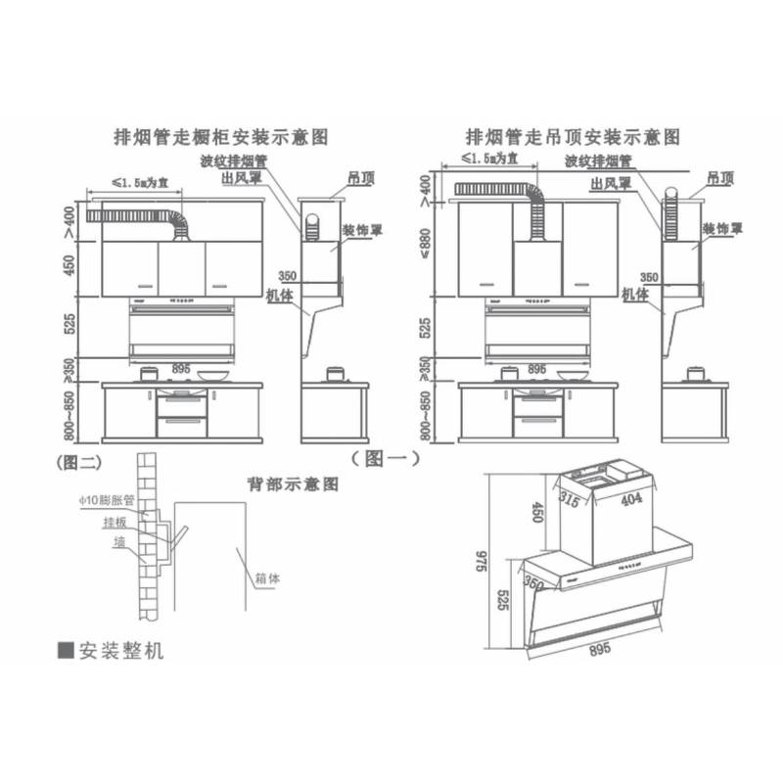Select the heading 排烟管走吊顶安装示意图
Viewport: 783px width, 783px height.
[x=573, y=137]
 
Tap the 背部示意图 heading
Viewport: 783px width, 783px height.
[x=293, y=484]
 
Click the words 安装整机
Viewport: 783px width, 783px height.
[x=121, y=651]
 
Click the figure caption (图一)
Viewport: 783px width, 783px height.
[x=385, y=457]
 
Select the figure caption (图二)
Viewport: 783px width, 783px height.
[x=82, y=457]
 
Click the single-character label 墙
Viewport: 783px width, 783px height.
[x=118, y=541]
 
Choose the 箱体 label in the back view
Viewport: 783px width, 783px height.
[x=268, y=577]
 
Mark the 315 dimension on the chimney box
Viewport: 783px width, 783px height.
[x=571, y=499]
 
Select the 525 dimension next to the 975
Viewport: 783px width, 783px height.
[x=501, y=599]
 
